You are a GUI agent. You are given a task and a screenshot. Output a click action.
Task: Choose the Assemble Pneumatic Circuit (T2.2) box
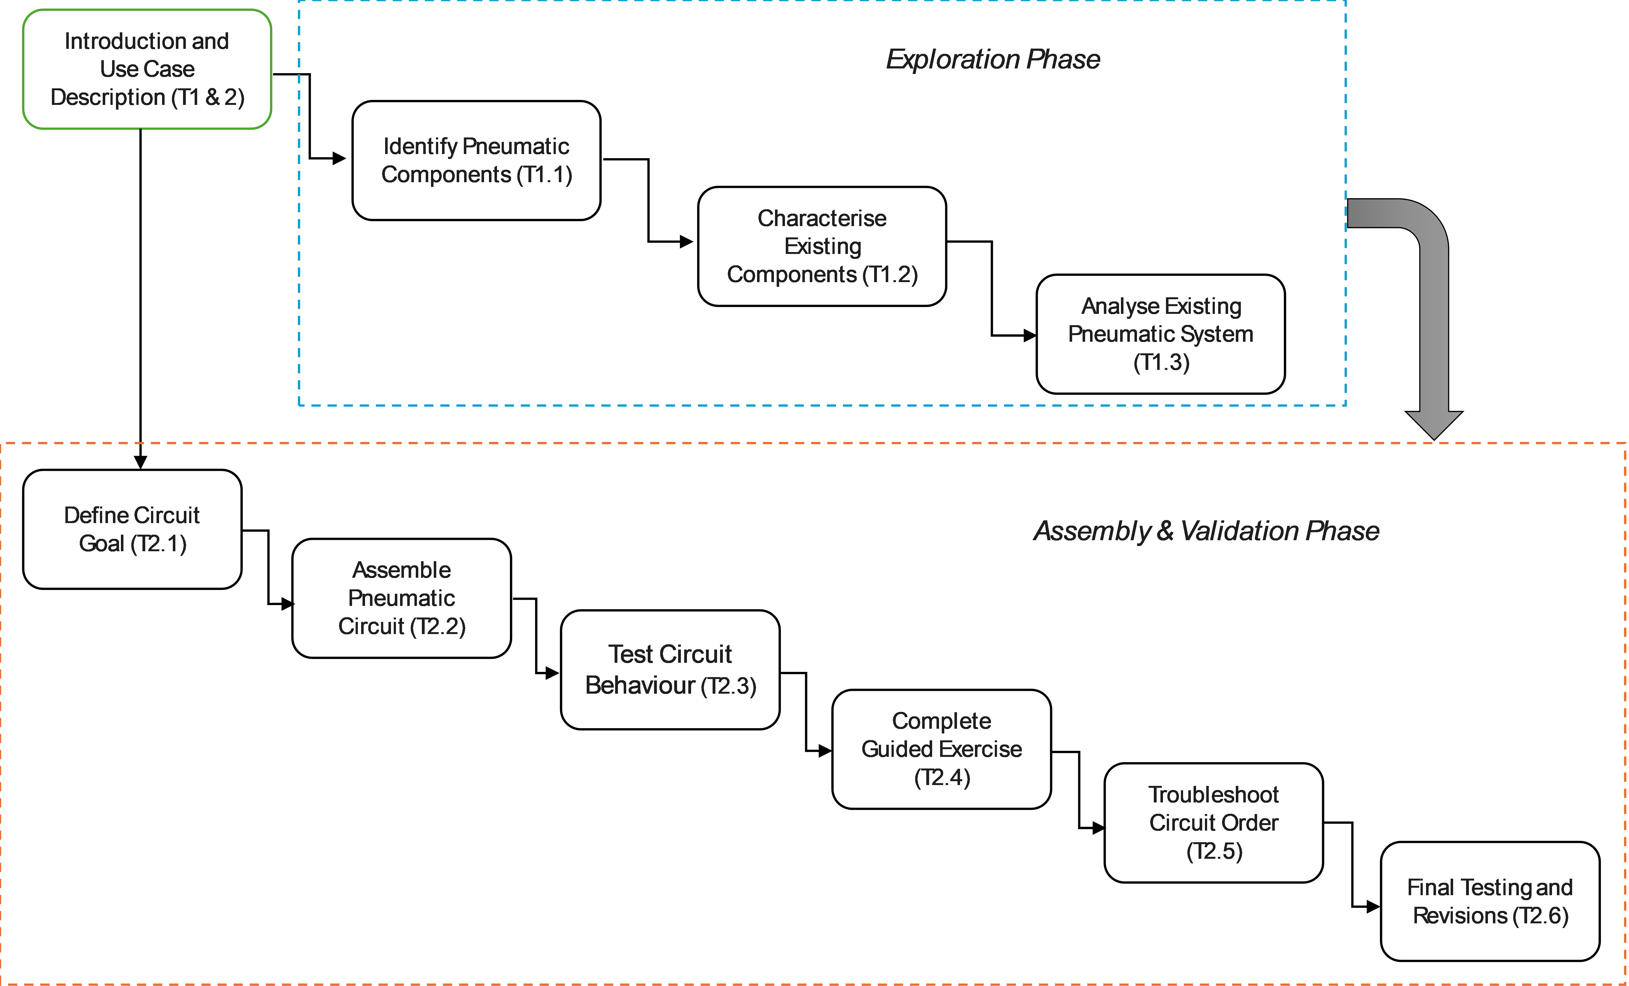(x=401, y=598)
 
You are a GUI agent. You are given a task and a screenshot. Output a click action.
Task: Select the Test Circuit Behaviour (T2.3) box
(x=670, y=669)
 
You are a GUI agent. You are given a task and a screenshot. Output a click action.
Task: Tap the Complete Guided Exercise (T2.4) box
(x=942, y=749)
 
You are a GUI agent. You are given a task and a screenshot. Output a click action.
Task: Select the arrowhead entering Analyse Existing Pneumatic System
(x=1029, y=336)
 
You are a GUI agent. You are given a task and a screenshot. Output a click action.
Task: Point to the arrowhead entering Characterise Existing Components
(x=686, y=242)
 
